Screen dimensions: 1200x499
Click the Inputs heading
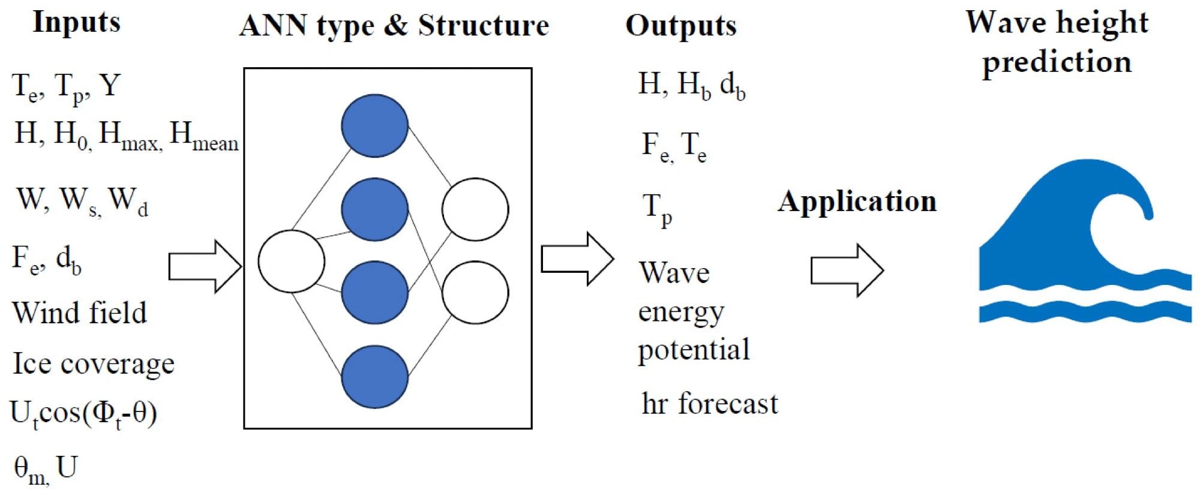click(x=76, y=23)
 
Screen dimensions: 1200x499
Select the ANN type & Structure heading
click(x=394, y=26)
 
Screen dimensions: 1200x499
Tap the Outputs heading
click(x=681, y=26)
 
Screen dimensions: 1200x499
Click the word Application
click(x=857, y=202)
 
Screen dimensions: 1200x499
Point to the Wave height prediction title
click(x=1057, y=42)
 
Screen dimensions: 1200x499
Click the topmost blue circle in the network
click(x=374, y=125)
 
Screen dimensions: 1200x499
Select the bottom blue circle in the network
click(x=374, y=377)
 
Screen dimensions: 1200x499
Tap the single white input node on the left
click(x=292, y=261)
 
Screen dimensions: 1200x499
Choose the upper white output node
click(x=475, y=209)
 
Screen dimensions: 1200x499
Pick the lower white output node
click(x=475, y=293)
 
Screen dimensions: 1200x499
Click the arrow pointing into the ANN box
click(x=205, y=266)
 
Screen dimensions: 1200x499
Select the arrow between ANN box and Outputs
click(x=578, y=258)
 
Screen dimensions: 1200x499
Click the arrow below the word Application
click(x=847, y=270)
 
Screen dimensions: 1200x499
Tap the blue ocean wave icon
click(x=1085, y=241)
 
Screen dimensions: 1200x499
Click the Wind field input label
click(x=79, y=312)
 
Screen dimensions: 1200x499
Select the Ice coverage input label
click(x=94, y=363)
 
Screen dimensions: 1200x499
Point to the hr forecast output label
click(x=710, y=403)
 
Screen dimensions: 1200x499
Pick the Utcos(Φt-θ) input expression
click(x=84, y=414)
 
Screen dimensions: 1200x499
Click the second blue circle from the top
click(x=374, y=209)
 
